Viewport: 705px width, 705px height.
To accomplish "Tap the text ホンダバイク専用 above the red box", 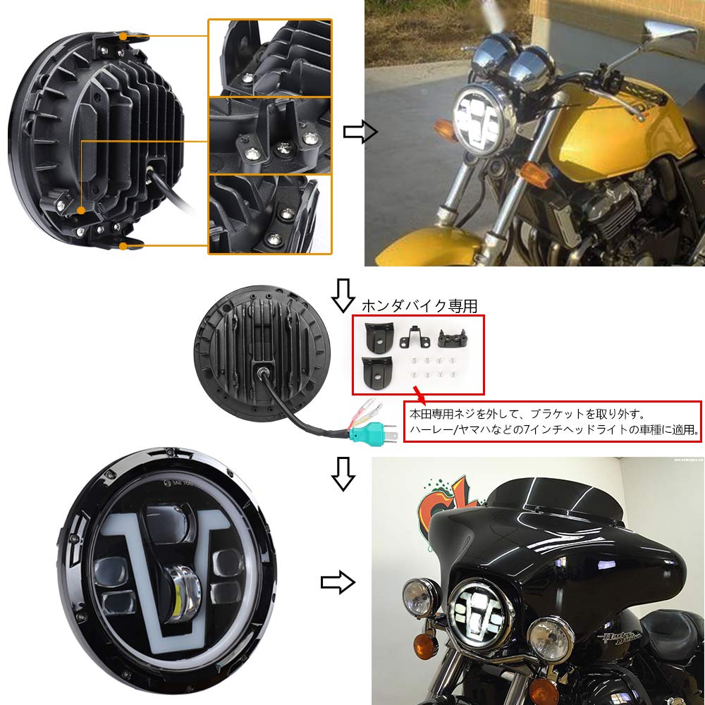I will point(419,306).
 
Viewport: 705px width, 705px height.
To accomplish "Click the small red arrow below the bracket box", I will point(418,391).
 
